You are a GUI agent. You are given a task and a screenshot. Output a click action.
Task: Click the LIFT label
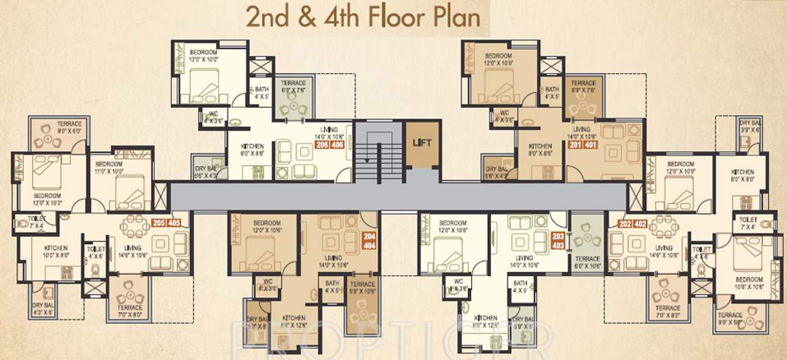tap(422, 143)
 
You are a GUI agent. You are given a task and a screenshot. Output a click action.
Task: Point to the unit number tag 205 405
tap(166, 222)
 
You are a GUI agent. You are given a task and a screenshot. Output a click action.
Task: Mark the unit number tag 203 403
tap(558, 240)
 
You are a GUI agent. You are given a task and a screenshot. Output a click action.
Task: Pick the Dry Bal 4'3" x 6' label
tap(43, 308)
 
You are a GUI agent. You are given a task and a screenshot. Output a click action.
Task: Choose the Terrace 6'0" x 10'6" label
tap(587, 262)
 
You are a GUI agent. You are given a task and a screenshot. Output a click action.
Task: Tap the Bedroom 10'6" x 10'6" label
tap(749, 283)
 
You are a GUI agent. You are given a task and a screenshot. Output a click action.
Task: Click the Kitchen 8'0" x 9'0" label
tap(743, 174)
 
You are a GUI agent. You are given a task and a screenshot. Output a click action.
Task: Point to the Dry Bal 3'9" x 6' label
tap(751, 126)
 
